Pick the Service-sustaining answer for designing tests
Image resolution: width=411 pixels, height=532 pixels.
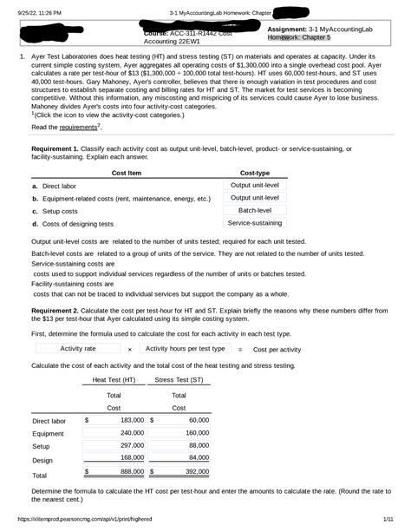pos(254,223)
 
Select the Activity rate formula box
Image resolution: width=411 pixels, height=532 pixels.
pos(77,348)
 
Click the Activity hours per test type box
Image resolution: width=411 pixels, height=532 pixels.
pos(185,348)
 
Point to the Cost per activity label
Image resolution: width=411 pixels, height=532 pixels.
pos(277,349)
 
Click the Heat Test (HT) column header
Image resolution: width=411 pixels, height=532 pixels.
pos(114,379)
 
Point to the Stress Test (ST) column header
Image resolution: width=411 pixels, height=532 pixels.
pos(179,379)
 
